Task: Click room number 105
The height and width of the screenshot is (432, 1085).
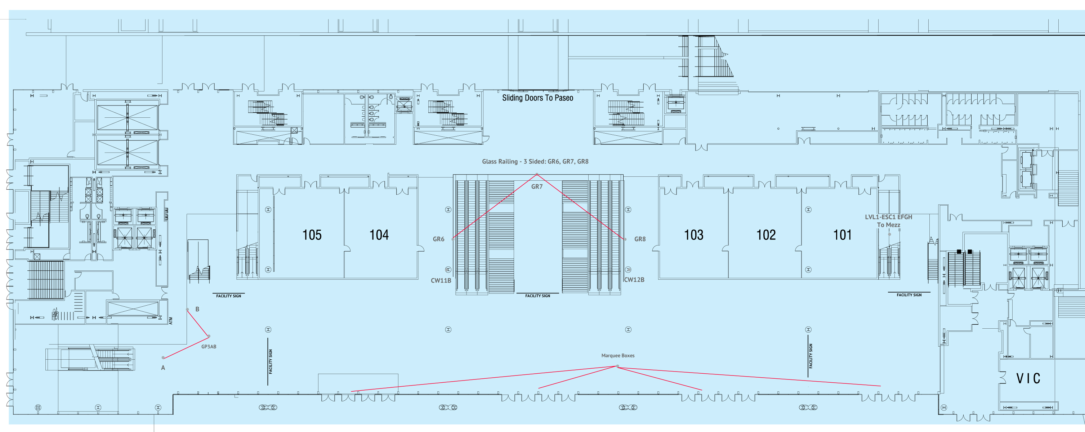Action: click(x=312, y=235)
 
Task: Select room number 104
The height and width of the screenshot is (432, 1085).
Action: click(x=379, y=235)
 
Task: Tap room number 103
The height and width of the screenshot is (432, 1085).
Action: click(x=693, y=235)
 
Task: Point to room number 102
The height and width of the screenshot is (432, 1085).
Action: click(x=766, y=235)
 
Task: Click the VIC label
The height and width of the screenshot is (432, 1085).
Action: click(x=1028, y=378)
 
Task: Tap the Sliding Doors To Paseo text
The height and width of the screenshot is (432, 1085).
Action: click(x=537, y=98)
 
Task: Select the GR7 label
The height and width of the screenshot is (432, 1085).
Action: click(x=537, y=186)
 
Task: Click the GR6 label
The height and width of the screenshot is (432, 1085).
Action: click(x=438, y=239)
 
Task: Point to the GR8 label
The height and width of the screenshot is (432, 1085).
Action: click(x=640, y=239)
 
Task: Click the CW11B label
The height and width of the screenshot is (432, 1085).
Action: click(x=441, y=280)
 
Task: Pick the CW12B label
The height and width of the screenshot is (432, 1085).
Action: click(x=634, y=280)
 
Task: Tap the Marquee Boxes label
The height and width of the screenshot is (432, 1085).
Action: click(x=617, y=355)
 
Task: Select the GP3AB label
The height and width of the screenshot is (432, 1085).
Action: click(x=209, y=347)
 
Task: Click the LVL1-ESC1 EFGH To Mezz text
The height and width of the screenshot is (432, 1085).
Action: click(x=888, y=221)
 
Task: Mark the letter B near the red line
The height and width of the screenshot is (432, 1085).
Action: click(x=197, y=309)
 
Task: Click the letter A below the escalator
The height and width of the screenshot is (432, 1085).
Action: click(x=163, y=368)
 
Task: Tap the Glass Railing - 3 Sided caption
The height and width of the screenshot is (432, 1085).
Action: click(x=535, y=161)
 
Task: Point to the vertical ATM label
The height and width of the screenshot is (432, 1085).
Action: click(x=171, y=321)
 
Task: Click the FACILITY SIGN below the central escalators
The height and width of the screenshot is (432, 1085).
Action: click(x=537, y=296)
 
